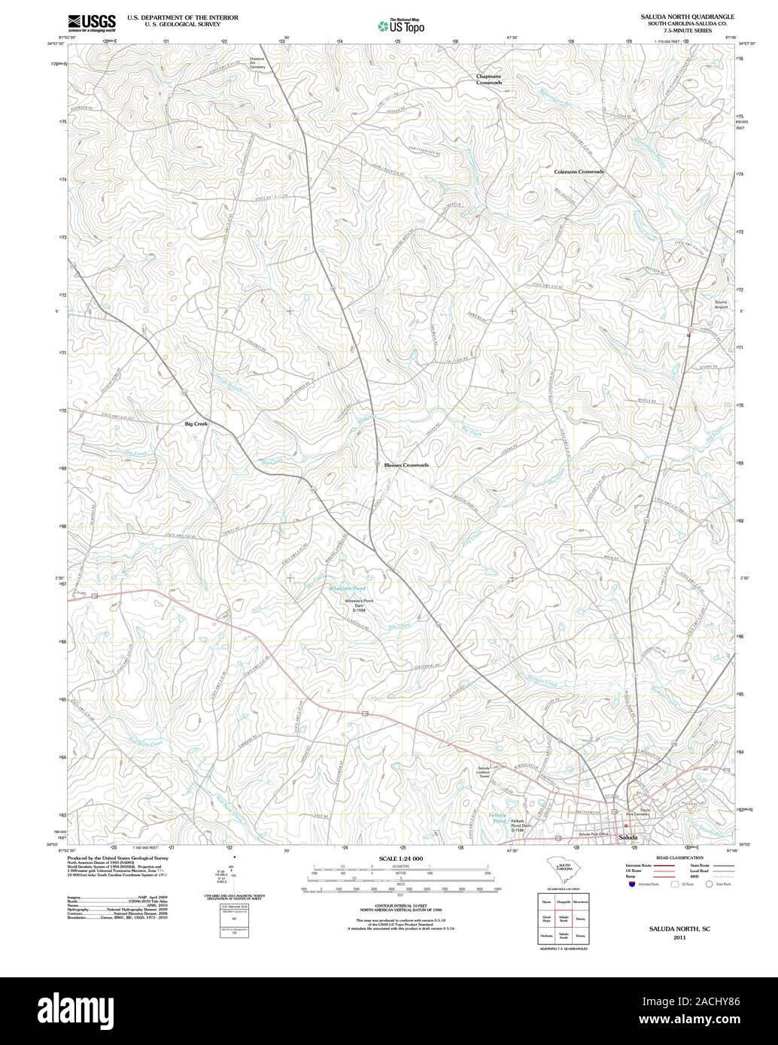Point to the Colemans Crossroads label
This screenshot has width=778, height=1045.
[579, 172]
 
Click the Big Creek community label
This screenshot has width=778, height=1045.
[196, 424]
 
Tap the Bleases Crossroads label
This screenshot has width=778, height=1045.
[406, 465]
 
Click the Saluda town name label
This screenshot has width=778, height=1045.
[628, 837]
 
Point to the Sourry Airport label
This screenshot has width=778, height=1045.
[721, 304]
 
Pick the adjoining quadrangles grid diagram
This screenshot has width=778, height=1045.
[563, 919]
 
